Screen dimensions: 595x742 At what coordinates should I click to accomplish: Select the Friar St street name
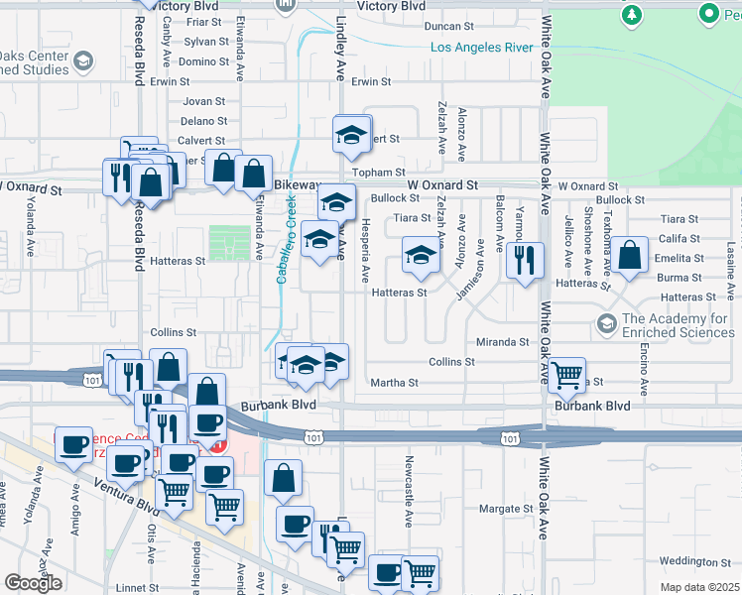pyautogui.click(x=202, y=21)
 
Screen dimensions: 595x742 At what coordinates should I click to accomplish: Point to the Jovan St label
pyautogui.click(x=204, y=101)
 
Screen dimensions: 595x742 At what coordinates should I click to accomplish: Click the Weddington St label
pyautogui.click(x=693, y=561)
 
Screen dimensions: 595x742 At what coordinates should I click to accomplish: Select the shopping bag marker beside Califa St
pyautogui.click(x=630, y=256)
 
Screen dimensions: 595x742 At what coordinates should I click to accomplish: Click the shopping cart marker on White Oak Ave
pyautogui.click(x=565, y=375)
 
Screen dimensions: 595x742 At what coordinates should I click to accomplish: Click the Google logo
pyautogui.click(x=33, y=583)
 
